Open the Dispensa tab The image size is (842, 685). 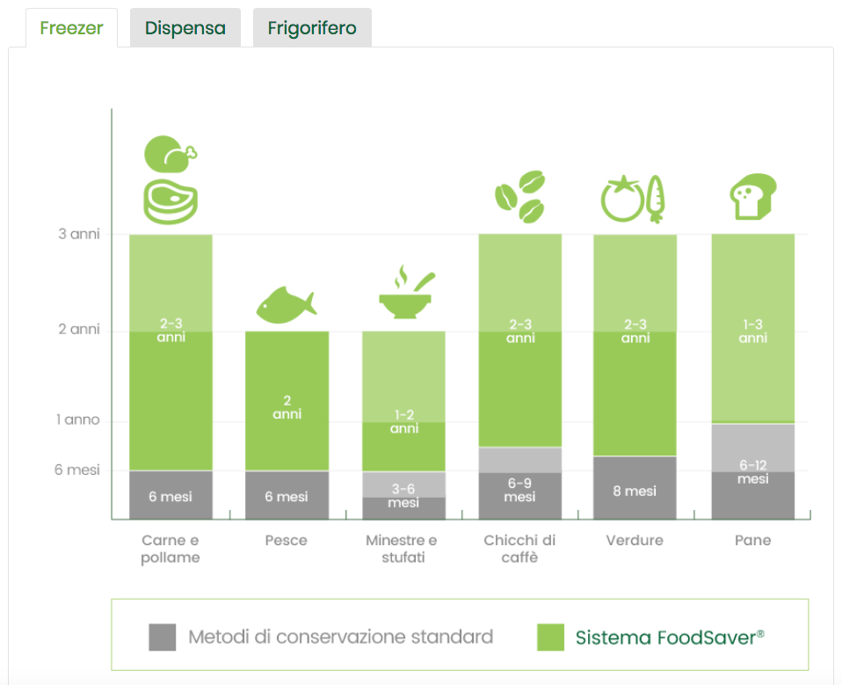185,28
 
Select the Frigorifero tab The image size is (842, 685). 312,28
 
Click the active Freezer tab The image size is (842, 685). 71,28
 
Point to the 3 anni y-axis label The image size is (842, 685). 79,235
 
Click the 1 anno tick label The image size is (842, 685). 77,420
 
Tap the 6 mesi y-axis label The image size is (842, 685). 77,470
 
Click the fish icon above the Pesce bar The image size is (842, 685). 286,303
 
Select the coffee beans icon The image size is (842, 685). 519,196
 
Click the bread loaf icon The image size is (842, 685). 752,196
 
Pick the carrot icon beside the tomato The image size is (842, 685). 655,199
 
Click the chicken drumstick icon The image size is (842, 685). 170,154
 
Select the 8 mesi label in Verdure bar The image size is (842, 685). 635,491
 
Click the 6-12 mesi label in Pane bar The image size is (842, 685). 753,472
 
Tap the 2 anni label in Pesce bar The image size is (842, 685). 287,406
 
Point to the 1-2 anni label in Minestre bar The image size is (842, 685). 403,421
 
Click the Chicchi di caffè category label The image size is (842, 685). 519,549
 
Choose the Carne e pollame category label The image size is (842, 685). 171,549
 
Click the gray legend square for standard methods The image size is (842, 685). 163,638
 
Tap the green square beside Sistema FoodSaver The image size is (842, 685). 550,638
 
